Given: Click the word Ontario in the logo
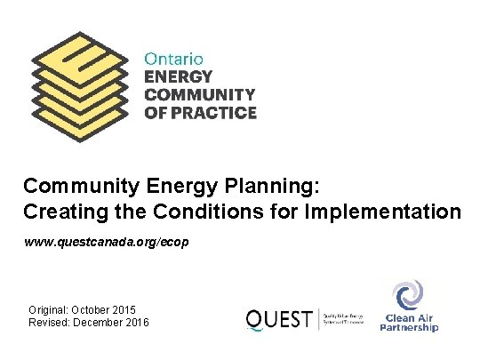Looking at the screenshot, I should point(174,57).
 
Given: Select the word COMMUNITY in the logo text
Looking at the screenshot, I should point(200,94).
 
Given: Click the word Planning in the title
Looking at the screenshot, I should point(284,188).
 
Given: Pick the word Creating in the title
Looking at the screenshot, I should point(61,213).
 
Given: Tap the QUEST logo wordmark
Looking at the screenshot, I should point(277,318).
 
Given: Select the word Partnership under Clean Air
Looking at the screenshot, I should point(409,327).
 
